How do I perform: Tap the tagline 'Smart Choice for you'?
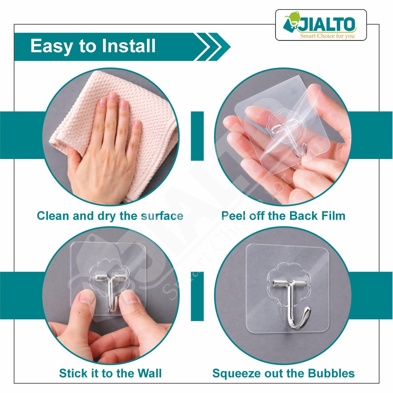[327, 36]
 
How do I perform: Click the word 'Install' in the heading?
[129, 46]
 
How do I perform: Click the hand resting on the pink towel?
[105, 147]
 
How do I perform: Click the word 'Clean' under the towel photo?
[53, 216]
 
